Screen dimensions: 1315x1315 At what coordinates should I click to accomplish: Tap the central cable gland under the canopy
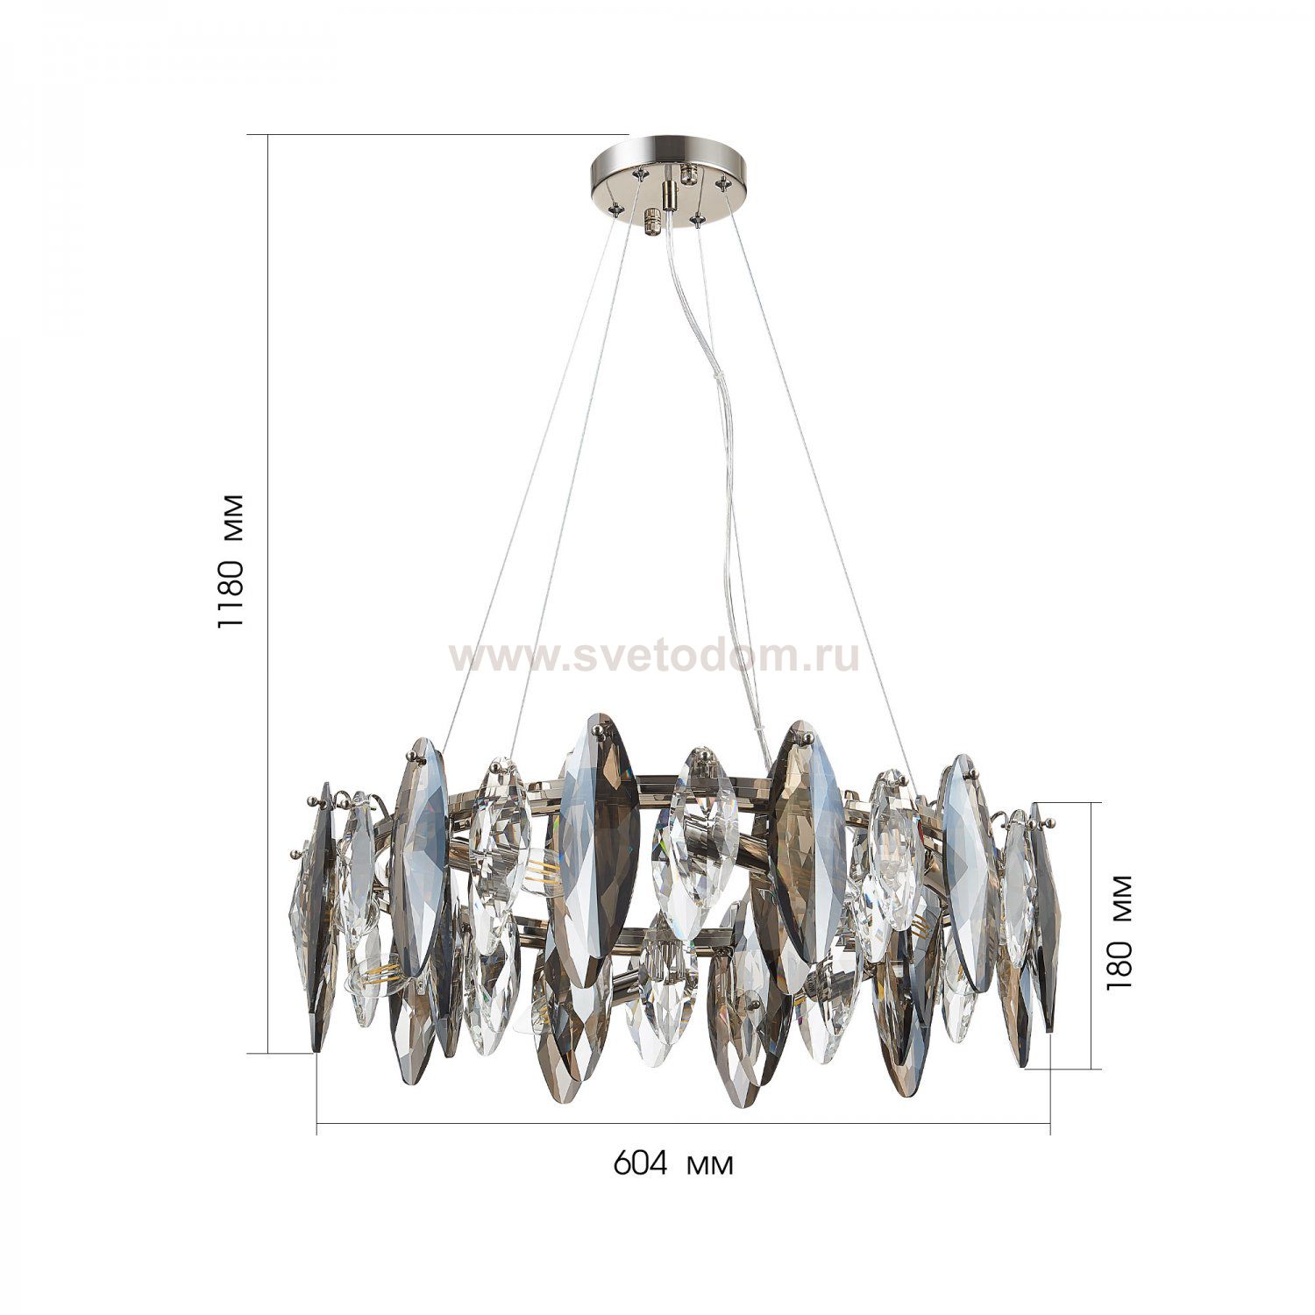point(671,190)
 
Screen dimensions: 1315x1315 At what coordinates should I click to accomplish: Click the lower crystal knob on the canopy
point(652,222)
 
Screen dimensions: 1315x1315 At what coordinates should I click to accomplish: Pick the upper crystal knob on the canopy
point(689,172)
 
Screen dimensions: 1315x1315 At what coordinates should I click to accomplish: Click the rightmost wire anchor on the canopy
point(724,184)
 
